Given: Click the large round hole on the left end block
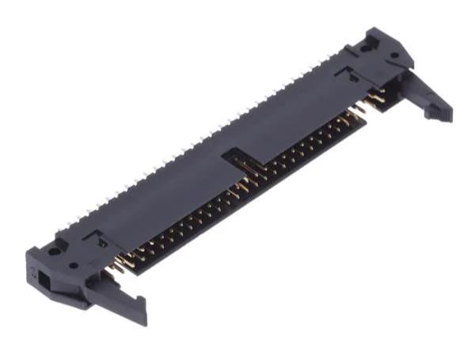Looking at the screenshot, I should (x=53, y=253).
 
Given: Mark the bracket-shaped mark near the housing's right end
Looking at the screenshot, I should (x=347, y=74).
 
